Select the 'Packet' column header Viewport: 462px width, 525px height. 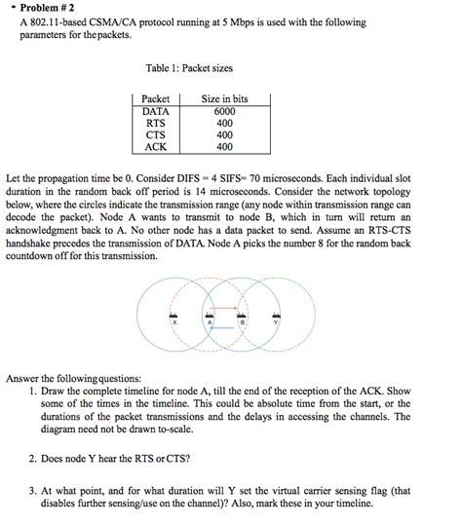pyautogui.click(x=156, y=99)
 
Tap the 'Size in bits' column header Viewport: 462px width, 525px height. pyautogui.click(x=224, y=99)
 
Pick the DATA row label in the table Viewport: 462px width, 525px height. pyautogui.click(x=156, y=112)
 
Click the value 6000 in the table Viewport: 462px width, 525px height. pyautogui.click(x=224, y=112)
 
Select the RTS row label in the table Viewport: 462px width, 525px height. pyautogui.click(x=156, y=124)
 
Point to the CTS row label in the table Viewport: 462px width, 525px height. pyautogui.click(x=156, y=135)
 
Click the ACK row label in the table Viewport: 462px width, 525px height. pyautogui.click(x=156, y=147)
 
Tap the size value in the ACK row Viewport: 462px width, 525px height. pyautogui.click(x=224, y=147)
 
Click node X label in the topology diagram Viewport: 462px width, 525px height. pyautogui.click(x=174, y=322)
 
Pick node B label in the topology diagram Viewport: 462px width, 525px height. pyautogui.click(x=242, y=322)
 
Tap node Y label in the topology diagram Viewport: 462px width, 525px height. pyautogui.click(x=276, y=322)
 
